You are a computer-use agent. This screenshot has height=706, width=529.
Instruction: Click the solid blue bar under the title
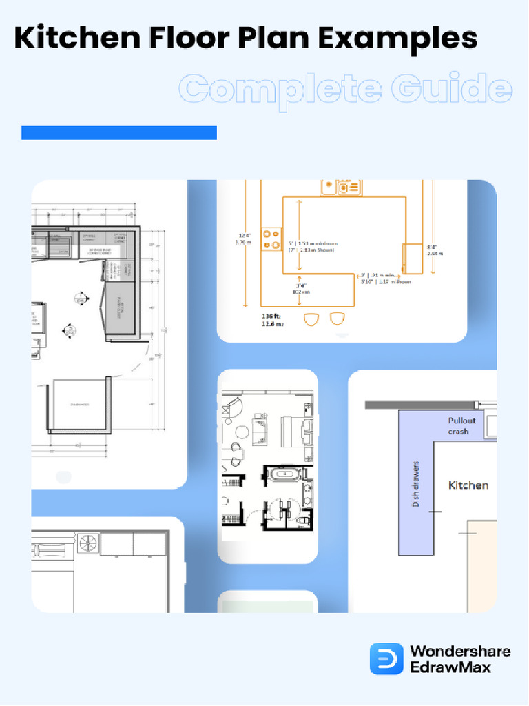pyautogui.click(x=119, y=133)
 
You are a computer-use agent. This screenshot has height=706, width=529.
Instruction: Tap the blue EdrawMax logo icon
pyautogui.click(x=386, y=658)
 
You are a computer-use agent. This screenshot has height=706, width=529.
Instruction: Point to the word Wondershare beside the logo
pyautogui.click(x=460, y=651)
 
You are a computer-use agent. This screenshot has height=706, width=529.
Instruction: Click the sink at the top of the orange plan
pyautogui.click(x=338, y=186)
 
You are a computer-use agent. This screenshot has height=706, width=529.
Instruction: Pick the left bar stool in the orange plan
pyautogui.click(x=311, y=319)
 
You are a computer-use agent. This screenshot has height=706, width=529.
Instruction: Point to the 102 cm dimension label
pyautogui.click(x=301, y=291)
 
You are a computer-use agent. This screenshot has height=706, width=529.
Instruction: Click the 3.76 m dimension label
pyautogui.click(x=243, y=241)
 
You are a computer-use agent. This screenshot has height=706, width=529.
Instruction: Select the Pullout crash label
pyautogui.click(x=461, y=426)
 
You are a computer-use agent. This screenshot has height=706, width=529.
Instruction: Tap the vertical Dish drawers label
pyautogui.click(x=415, y=484)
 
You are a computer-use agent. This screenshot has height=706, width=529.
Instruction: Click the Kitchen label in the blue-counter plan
pyautogui.click(x=468, y=485)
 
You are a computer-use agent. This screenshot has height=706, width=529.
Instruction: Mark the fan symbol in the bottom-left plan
pyautogui.click(x=87, y=543)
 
